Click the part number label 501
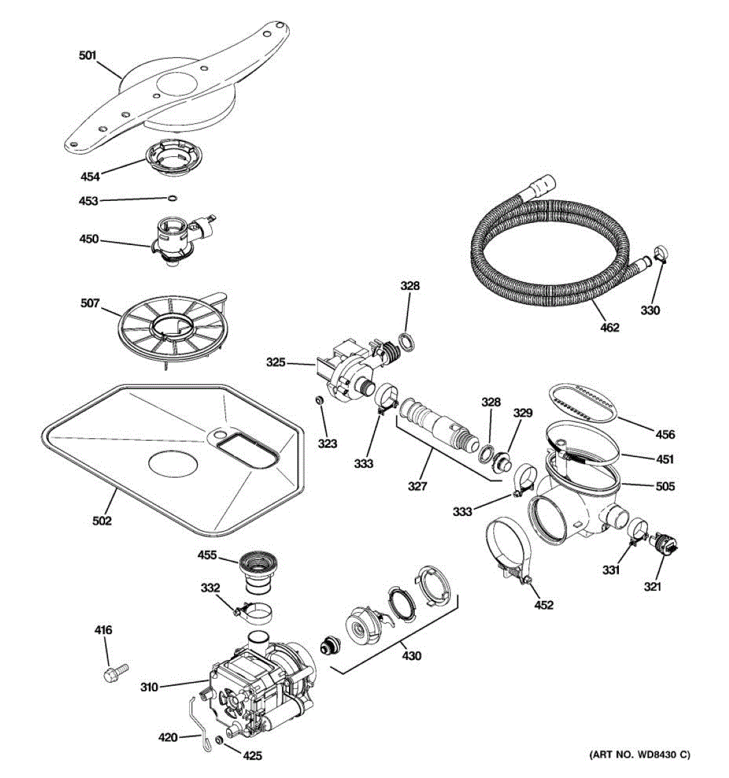coord(87,56)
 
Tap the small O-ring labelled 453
coord(172,198)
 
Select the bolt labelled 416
coord(114,672)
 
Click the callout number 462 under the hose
coord(609,327)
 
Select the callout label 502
coord(102,519)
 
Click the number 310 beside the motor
coord(149,687)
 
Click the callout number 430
coord(411,656)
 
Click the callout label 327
coord(417,485)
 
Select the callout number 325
coord(276,362)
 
